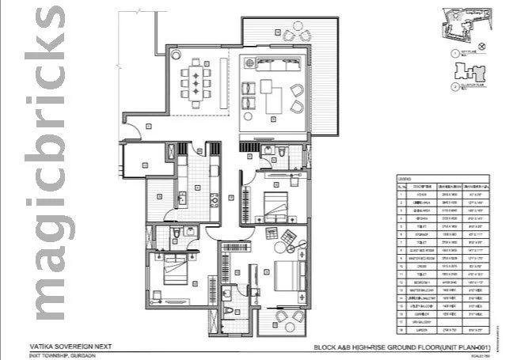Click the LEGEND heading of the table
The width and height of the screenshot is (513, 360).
[403, 178]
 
